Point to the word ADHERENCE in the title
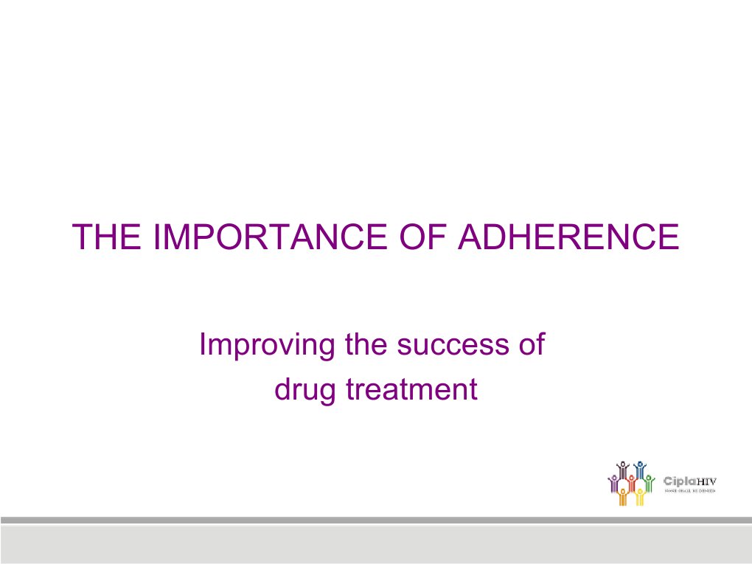pyautogui.click(x=568, y=237)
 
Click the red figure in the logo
pyautogui.click(x=631, y=484)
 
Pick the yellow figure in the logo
pyautogui.click(x=640, y=498)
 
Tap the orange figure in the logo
pyautogui.click(x=623, y=498)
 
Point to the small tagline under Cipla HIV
pyautogui.click(x=690, y=491)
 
